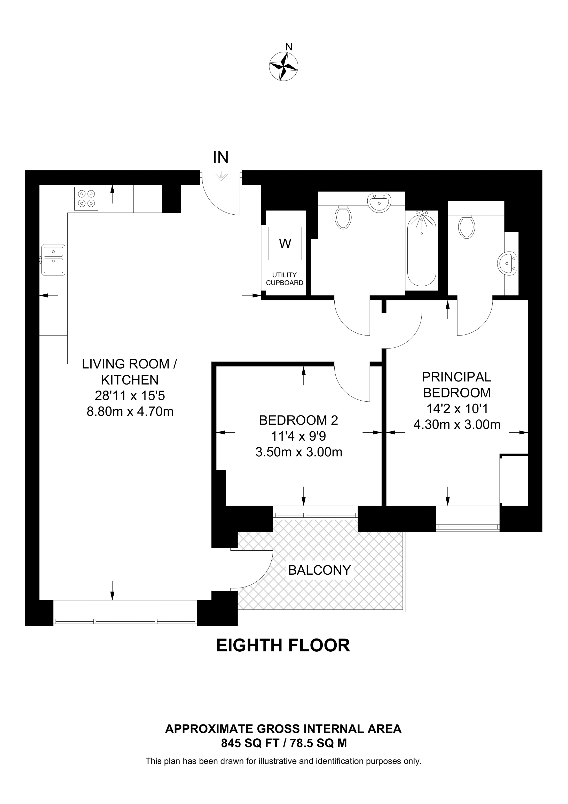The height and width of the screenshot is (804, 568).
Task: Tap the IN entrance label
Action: (x=221, y=157)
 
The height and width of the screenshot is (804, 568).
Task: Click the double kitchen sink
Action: (x=53, y=260)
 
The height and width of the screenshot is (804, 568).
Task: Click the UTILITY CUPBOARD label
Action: (x=285, y=279)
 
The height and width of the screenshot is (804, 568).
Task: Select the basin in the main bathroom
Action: (x=379, y=203)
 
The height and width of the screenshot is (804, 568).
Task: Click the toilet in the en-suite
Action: (x=467, y=227)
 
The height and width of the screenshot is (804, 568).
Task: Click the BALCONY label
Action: (x=319, y=570)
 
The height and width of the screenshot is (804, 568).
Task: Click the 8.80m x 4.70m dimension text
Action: (x=130, y=411)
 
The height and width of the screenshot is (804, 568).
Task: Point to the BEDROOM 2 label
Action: (x=298, y=420)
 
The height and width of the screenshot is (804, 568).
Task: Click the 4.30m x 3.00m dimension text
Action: (x=457, y=425)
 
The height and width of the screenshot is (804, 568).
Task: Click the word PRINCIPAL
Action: (x=456, y=377)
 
